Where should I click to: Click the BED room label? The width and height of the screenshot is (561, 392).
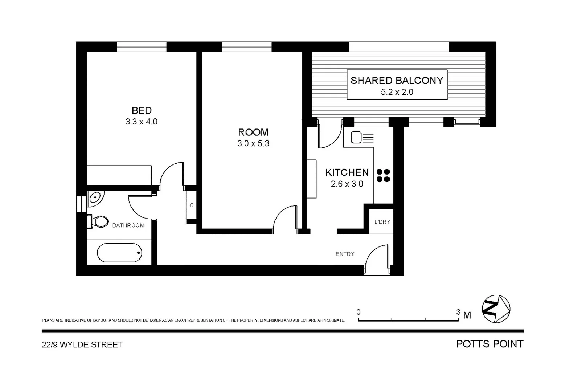pos(142,110)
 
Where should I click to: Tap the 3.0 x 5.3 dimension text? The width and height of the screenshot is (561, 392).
pos(253,144)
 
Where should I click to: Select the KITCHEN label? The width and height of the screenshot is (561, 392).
pos(347,172)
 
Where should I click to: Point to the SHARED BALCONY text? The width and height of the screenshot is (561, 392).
pos(397,81)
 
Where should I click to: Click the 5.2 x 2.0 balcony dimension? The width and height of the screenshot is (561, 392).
pos(397,92)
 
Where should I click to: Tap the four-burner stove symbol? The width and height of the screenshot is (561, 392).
pos(383,176)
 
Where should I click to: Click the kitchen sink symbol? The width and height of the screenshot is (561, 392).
pos(362,138)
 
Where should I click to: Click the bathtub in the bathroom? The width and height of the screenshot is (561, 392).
pos(119,253)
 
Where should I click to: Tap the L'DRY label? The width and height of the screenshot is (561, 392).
pos(382,222)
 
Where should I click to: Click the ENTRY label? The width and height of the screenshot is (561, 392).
pos(345,254)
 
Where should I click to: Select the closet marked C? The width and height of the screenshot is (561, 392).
pos(191,205)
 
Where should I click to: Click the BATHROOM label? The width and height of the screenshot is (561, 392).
pos(128,225)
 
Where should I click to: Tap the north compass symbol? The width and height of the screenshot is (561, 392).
pos(496,309)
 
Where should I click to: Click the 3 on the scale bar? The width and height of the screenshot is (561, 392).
pos(458,312)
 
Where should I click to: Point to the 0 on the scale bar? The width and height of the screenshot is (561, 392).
pos(359,312)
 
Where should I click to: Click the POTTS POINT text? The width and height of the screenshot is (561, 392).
pos(490,344)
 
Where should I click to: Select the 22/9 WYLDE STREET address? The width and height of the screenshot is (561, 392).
pos(82,345)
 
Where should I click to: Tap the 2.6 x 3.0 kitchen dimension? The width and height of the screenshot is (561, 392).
pos(347,184)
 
